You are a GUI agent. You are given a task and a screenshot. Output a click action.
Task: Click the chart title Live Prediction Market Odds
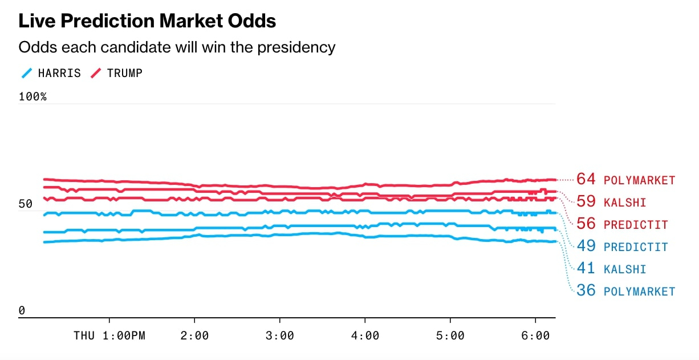[147, 21]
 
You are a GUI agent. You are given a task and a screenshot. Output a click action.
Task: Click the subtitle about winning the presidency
[177, 47]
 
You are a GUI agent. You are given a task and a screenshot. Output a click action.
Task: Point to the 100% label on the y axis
[32, 96]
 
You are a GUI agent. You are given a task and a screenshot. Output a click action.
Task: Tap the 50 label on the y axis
[26, 204]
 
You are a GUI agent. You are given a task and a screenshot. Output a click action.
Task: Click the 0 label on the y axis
[22, 311]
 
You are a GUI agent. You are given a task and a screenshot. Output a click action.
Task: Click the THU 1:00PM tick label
[109, 335]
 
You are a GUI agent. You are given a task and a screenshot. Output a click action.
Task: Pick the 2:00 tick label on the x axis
[194, 335]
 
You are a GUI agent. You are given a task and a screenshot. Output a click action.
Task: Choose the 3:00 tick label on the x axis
[279, 335]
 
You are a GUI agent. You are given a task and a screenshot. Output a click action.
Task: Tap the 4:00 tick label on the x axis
[365, 335]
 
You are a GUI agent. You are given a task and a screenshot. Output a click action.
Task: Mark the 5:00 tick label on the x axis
[450, 335]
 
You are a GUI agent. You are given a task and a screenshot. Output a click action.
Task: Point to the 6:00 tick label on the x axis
[535, 335]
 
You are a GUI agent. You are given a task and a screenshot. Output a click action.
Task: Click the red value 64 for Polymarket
[586, 179]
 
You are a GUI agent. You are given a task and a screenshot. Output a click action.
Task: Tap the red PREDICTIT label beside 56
[636, 224]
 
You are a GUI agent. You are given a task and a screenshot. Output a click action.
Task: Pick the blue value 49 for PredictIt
[586, 246]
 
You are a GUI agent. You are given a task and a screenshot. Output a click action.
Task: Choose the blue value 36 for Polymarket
[586, 290]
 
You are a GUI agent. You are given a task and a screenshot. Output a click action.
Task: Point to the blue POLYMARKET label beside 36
[639, 292]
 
